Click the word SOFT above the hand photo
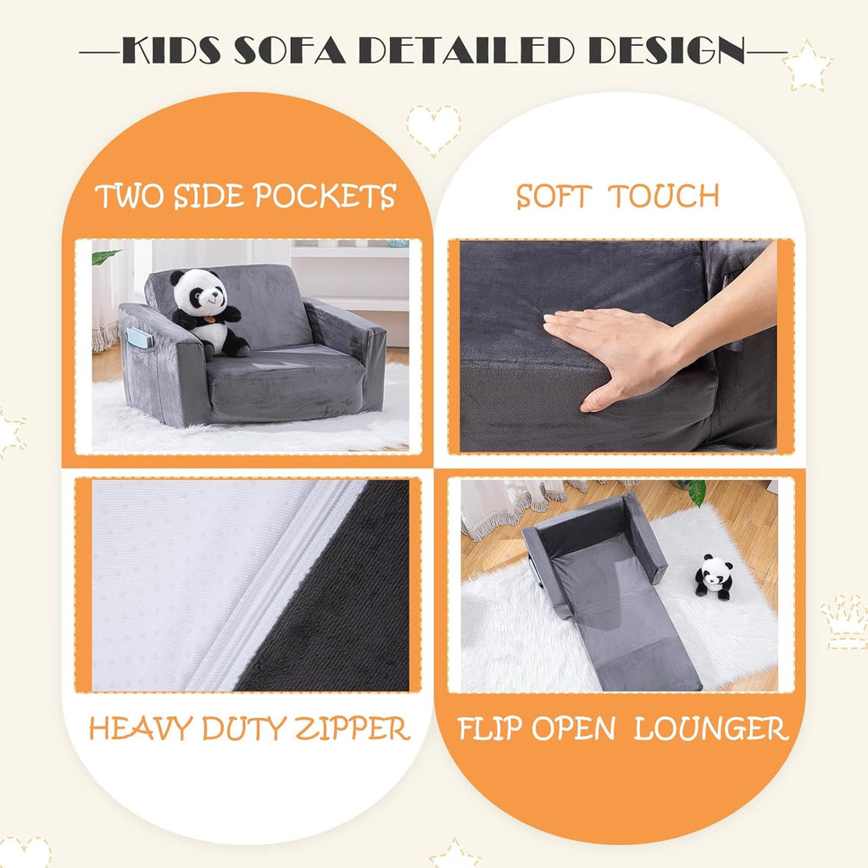[x=553, y=197]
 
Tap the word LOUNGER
[x=711, y=729]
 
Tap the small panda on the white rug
[x=714, y=576]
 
